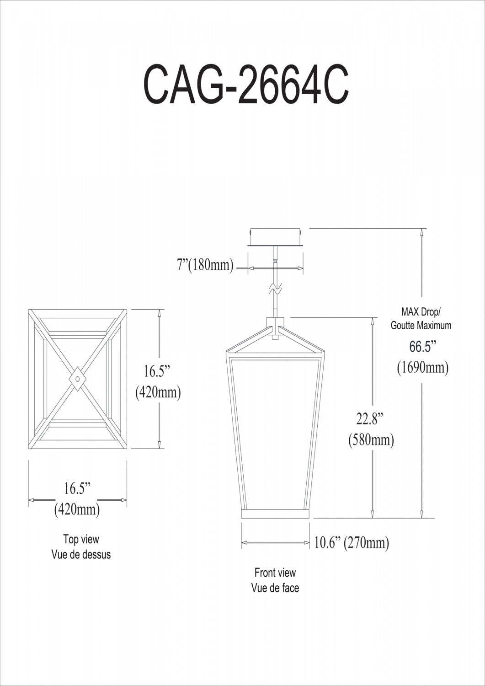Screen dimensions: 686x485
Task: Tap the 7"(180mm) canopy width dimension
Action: [205, 265]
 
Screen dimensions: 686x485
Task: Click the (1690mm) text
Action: [422, 367]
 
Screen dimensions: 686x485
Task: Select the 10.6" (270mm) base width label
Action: [351, 543]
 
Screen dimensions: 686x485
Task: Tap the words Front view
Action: [275, 573]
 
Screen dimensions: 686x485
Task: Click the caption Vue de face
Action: [275, 588]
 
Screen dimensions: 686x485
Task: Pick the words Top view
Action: [81, 539]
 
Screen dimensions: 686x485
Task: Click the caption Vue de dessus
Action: [81, 554]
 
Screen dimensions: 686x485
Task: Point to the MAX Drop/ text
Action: [421, 312]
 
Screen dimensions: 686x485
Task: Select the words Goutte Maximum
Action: [421, 326]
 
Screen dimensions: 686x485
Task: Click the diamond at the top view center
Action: [78, 379]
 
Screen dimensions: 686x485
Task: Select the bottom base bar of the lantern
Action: [276, 514]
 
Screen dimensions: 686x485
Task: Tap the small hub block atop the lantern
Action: [275, 327]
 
